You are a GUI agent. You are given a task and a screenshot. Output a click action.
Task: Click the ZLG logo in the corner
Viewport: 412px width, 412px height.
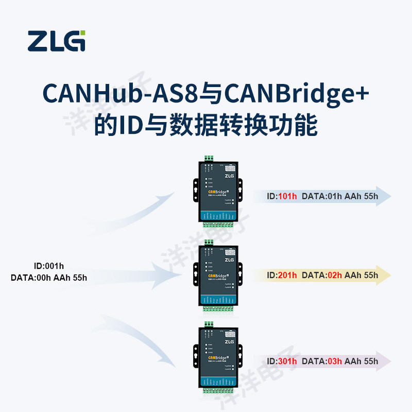point(57,41)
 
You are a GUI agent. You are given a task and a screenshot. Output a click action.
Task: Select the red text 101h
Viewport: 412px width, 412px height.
point(287,196)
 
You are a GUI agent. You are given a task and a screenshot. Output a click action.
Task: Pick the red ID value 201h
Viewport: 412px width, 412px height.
point(287,275)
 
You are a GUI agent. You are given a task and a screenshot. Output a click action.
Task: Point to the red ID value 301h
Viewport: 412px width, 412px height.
point(287,361)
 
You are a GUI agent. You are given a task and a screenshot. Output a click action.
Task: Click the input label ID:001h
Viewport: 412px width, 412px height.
point(49,266)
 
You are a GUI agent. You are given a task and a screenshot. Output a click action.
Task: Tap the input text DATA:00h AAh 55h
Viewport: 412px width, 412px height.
point(49,278)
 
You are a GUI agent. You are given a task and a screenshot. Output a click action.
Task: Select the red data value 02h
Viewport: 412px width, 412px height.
point(334,275)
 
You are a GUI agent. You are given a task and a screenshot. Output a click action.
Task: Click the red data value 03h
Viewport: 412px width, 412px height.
point(334,361)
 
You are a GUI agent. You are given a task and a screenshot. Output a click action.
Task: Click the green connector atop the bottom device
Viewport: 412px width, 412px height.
point(209,324)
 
